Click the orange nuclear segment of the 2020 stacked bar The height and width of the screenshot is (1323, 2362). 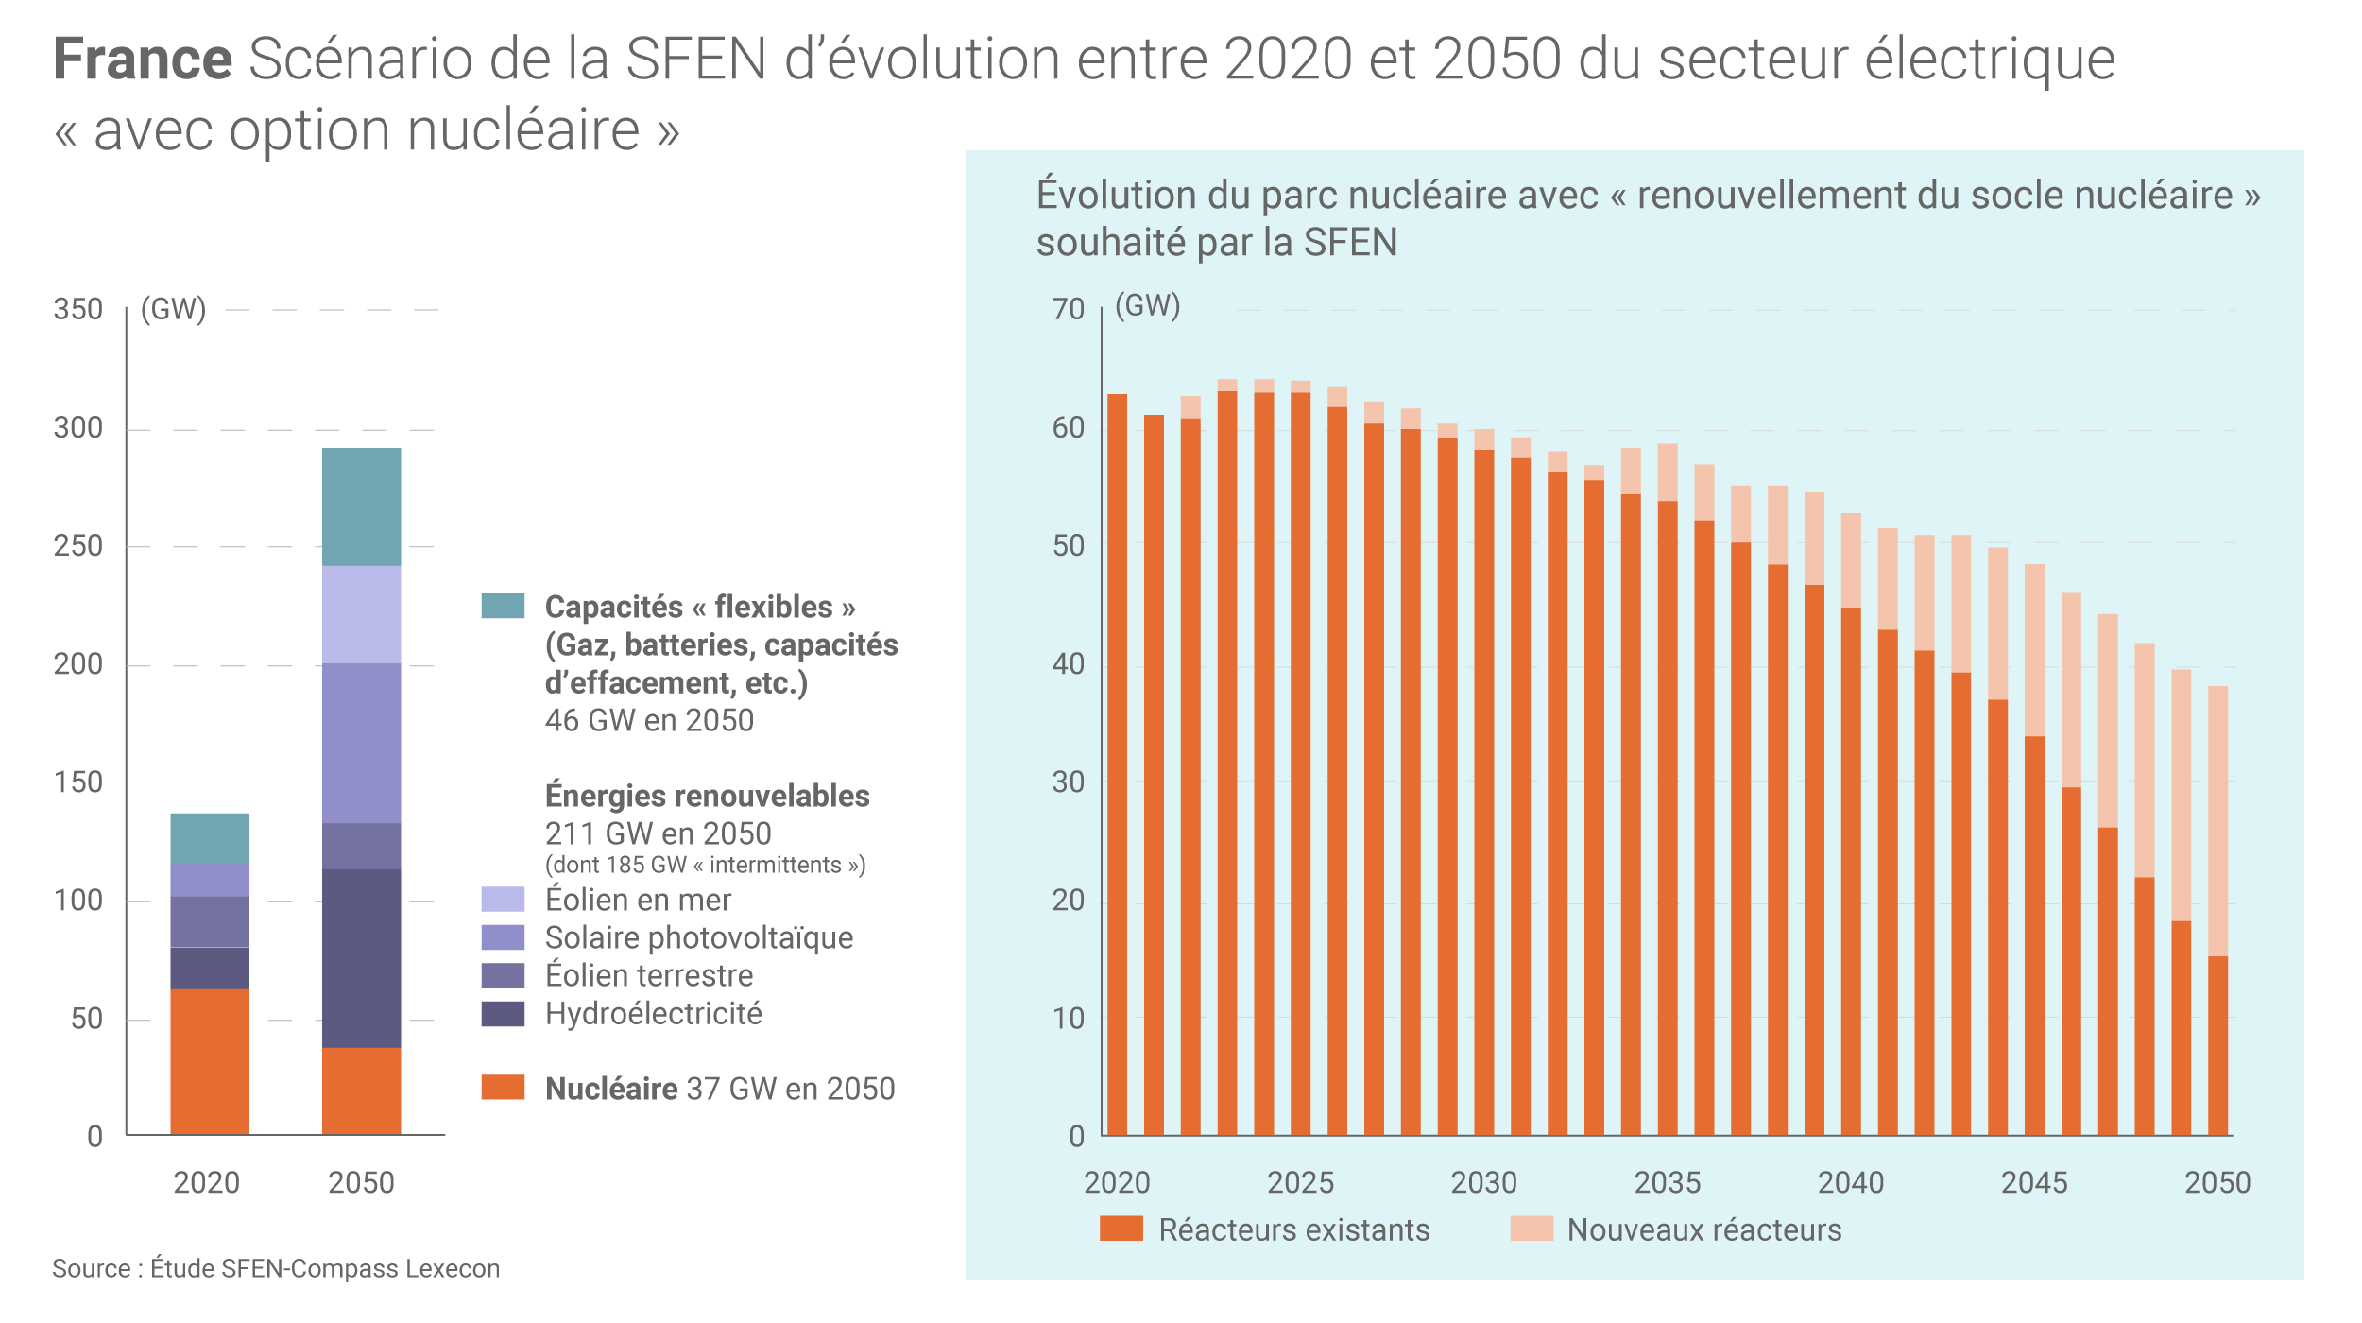(210, 1061)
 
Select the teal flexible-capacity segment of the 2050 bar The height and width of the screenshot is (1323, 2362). (361, 507)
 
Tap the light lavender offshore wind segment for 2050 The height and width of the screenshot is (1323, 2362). (361, 614)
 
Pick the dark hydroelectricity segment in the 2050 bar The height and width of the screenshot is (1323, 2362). (361, 957)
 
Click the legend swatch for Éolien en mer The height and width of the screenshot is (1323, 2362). (503, 899)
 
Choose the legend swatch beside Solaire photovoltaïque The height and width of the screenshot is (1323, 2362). (503, 937)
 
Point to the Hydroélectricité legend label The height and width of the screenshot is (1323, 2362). (653, 1014)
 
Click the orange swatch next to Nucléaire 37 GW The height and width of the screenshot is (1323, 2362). (503, 1087)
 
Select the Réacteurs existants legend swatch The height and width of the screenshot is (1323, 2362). (1121, 1228)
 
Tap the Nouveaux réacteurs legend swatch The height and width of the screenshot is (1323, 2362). (1532, 1228)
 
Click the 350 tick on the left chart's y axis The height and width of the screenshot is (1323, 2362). (78, 310)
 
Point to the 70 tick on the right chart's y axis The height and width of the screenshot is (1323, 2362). (1069, 310)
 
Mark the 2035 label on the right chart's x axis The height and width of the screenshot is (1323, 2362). (1668, 1182)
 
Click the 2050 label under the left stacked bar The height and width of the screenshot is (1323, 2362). (361, 1182)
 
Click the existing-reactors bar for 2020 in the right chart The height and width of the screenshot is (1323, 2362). (1117, 765)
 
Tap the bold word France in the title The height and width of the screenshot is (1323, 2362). (143, 60)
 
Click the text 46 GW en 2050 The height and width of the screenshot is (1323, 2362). (649, 721)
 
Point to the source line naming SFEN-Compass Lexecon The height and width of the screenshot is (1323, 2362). (276, 1268)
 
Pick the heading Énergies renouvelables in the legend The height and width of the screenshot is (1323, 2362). (707, 796)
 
